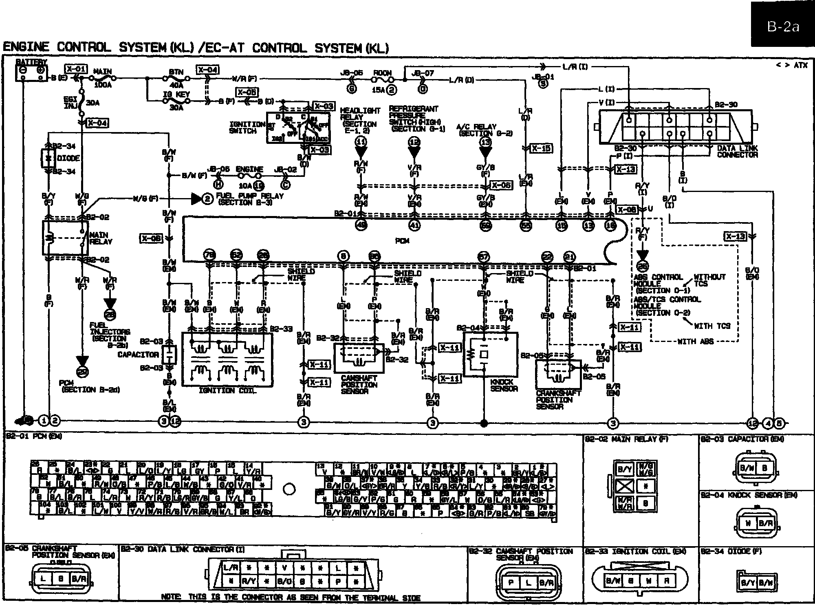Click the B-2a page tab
click(782, 27)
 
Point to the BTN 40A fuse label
click(176, 78)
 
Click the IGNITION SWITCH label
click(247, 128)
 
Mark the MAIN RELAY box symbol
click(65, 238)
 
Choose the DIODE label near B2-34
click(68, 158)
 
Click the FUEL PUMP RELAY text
click(249, 198)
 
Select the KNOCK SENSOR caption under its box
click(504, 385)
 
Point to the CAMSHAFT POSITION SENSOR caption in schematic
click(359, 385)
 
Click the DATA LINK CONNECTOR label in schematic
click(738, 152)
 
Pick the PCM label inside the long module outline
click(402, 241)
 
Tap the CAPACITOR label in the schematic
click(138, 355)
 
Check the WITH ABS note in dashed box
click(695, 342)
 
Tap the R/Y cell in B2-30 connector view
click(249, 582)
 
